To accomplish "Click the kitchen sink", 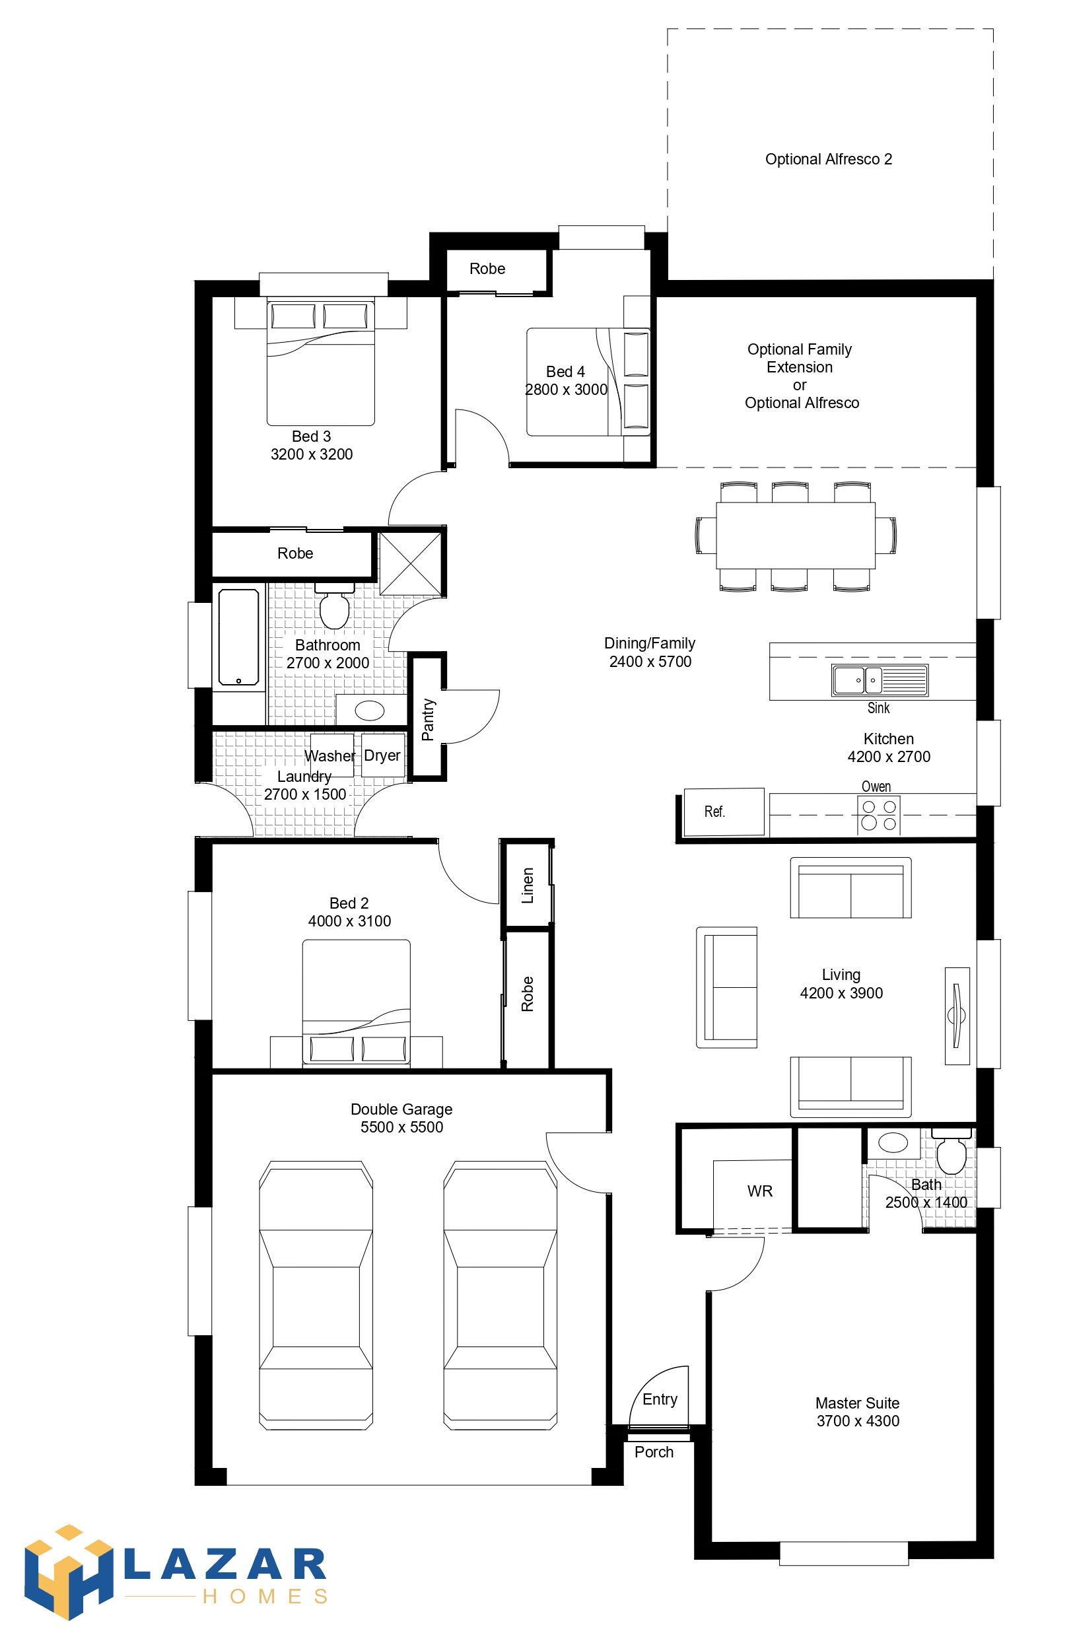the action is (880, 680).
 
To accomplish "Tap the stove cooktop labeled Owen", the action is (880, 815).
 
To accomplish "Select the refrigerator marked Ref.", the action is (724, 812).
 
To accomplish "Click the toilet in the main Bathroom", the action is (335, 606).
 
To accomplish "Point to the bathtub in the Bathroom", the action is (239, 637).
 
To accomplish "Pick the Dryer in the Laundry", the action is (382, 755).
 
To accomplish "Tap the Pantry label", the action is (428, 719).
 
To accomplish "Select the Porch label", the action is (654, 1451).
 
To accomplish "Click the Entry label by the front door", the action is (660, 1399).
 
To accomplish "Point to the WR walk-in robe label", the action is (759, 1191).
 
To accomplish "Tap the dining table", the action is (796, 535).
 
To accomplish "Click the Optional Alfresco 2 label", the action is (829, 159).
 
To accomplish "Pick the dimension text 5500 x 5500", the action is (401, 1127).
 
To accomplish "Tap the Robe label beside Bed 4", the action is (487, 269).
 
